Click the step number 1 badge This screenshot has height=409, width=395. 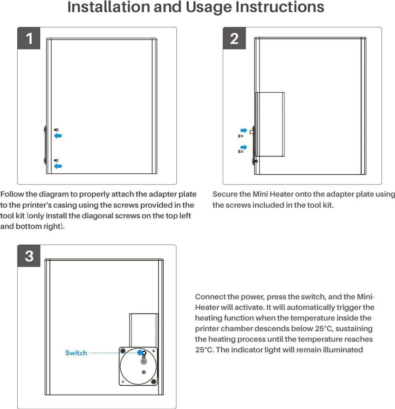[29, 39]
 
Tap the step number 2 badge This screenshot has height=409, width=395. [234, 39]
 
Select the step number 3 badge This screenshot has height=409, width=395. [29, 256]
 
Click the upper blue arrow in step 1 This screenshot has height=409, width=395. [58, 136]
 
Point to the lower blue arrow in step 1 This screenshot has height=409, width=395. [58, 166]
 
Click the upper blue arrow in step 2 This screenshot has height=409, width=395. [243, 130]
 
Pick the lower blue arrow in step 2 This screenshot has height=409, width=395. [243, 147]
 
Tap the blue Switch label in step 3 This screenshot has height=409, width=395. [76, 353]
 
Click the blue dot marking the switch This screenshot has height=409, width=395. [140, 353]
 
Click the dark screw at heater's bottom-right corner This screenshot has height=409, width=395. [154, 382]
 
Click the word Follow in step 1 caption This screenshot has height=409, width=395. [12, 195]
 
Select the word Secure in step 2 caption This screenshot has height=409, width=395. [225, 195]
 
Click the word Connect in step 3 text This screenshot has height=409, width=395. [210, 297]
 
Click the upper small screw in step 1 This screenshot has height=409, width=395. [56, 129]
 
